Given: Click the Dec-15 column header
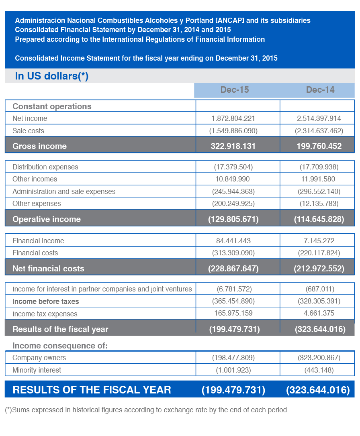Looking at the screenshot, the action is point(235,90).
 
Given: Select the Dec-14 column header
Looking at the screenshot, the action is point(320,90).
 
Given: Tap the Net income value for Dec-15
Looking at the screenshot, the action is point(233,118).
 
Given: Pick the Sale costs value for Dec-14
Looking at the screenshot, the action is point(319,131).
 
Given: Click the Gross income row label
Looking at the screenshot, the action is point(39,146).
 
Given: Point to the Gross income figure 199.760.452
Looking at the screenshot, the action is point(319,146).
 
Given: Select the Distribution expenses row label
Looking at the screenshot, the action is point(45,167).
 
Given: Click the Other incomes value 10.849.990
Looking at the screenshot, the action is point(233,179).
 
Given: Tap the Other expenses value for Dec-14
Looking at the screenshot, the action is point(319,204).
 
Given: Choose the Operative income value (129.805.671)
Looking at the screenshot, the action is point(233,219).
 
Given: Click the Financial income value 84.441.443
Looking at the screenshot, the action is point(233,241).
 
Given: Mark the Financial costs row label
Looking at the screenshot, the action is point(35,253).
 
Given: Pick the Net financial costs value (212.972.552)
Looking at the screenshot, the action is point(319,269).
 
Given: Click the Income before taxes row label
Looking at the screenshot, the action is point(46,302).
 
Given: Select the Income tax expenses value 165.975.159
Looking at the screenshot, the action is point(233,313).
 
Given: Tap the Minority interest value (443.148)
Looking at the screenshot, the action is point(319,370).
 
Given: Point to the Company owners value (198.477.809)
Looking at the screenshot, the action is point(233,358).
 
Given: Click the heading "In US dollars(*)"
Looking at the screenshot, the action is point(52,76).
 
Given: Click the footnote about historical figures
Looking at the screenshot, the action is point(146,410).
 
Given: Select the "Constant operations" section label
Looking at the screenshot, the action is point(52,106).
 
